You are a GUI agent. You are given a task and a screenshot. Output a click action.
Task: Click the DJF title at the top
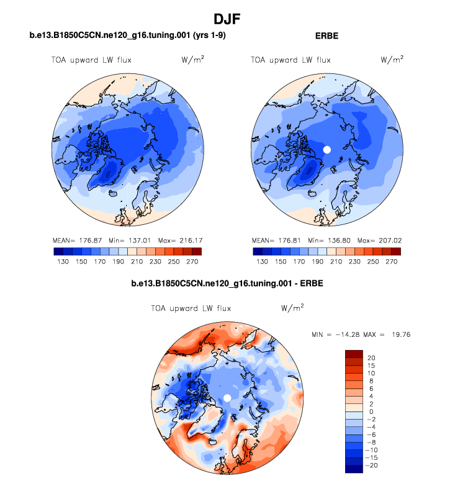227,19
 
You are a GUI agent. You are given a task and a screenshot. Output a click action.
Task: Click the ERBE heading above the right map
327,36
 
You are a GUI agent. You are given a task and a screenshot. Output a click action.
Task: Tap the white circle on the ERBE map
327,150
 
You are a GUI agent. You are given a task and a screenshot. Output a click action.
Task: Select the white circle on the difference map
227,397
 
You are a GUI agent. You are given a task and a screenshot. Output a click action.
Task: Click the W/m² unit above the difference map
292,307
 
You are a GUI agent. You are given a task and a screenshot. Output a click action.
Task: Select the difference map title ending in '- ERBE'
227,284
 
